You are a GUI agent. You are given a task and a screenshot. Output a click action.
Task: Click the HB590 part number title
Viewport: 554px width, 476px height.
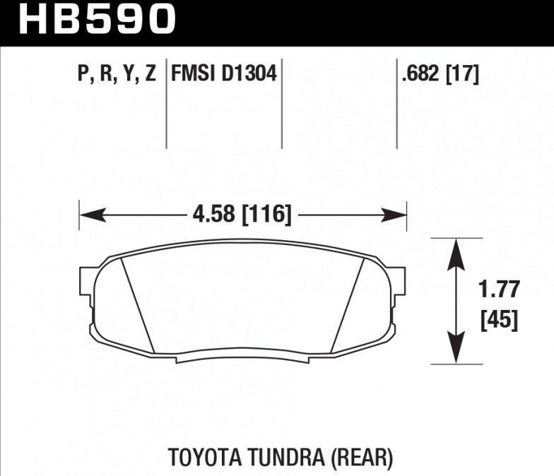96,19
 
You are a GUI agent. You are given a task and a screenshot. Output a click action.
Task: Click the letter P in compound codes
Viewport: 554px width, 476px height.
84,73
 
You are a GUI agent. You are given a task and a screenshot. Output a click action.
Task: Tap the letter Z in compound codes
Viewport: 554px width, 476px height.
149,73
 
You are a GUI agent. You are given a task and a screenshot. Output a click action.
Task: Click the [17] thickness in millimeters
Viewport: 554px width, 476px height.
463,73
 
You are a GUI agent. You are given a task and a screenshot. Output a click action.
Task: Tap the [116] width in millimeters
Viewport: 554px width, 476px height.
267,214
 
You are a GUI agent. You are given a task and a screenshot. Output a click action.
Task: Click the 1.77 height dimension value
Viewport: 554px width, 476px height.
499,290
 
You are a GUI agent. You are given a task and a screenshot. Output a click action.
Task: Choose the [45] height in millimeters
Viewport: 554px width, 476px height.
499,321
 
